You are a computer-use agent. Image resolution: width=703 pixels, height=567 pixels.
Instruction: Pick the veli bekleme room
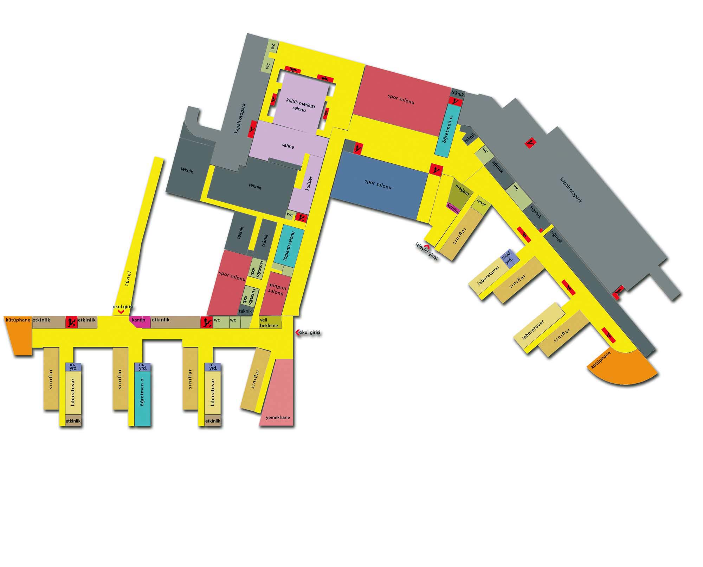[270, 322]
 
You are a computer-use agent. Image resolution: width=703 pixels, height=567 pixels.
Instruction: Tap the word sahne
[288, 146]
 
